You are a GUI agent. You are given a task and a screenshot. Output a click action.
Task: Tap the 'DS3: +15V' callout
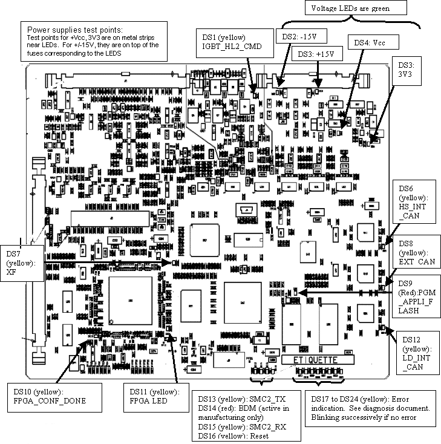[317, 54]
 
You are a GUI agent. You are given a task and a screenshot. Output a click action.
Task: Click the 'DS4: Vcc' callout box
[369, 43]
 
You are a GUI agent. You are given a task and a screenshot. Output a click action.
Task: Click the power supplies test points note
[94, 41]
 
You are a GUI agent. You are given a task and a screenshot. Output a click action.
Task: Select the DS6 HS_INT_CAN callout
[414, 202]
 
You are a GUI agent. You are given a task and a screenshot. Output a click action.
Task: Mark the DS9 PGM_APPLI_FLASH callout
[417, 297]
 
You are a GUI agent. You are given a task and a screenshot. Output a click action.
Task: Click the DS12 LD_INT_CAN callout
[417, 352]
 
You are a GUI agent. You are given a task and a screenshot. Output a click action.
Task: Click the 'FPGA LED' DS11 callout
[150, 396]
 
